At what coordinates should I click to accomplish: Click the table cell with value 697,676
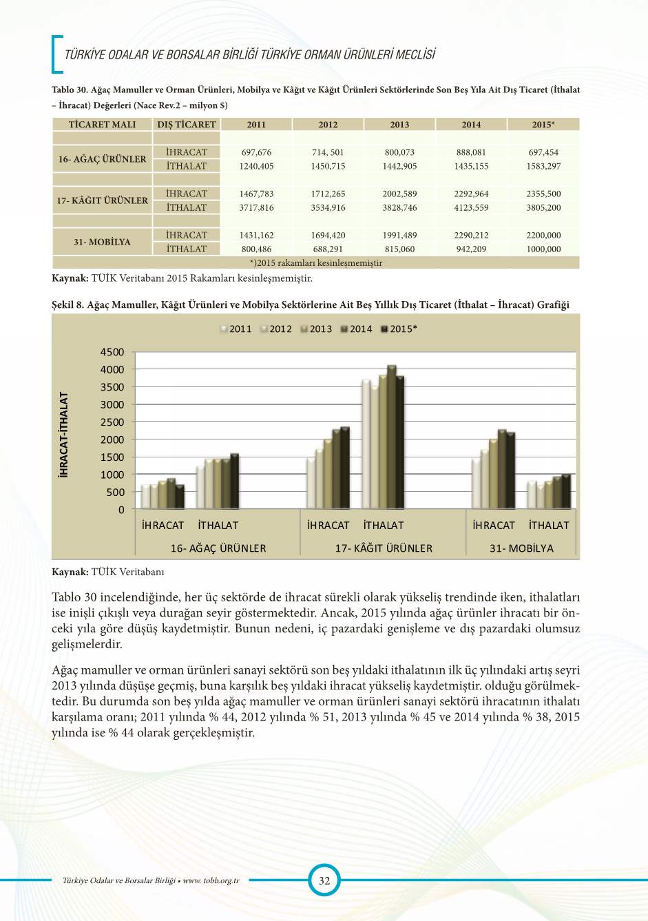(x=256, y=152)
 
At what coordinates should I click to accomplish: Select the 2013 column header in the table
(x=399, y=125)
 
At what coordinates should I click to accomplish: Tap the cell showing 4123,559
(x=471, y=207)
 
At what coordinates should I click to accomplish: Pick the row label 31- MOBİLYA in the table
(x=102, y=242)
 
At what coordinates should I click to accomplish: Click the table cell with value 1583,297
(x=543, y=166)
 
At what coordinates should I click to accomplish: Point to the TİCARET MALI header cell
(x=102, y=125)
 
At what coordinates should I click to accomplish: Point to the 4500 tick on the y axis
(x=112, y=352)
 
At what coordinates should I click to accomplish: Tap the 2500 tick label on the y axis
(x=112, y=422)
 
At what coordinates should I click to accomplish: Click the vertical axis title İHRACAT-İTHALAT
(x=64, y=435)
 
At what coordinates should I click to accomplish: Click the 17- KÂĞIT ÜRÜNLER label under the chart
(x=384, y=548)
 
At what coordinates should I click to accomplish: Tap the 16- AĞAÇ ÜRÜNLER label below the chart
(x=218, y=548)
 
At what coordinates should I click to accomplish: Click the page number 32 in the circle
(x=324, y=880)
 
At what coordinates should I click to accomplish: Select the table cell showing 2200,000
(x=543, y=235)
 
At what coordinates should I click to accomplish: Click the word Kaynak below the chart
(x=70, y=572)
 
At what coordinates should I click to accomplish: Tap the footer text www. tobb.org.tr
(x=211, y=880)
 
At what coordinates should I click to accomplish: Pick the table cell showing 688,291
(x=328, y=249)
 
